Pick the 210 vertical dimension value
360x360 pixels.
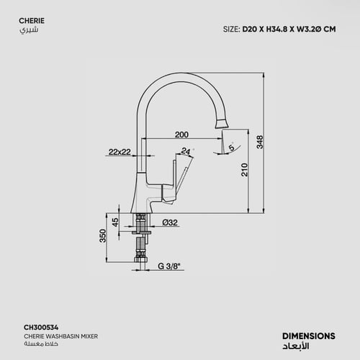point(244,171)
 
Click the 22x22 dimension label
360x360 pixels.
point(120,152)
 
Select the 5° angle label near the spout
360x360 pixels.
point(230,148)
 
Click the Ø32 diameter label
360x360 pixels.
point(170,222)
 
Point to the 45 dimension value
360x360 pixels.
point(115,222)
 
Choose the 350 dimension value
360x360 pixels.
point(102,236)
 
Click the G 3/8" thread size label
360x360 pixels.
point(171,266)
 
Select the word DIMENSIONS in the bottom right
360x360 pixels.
point(308,335)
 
